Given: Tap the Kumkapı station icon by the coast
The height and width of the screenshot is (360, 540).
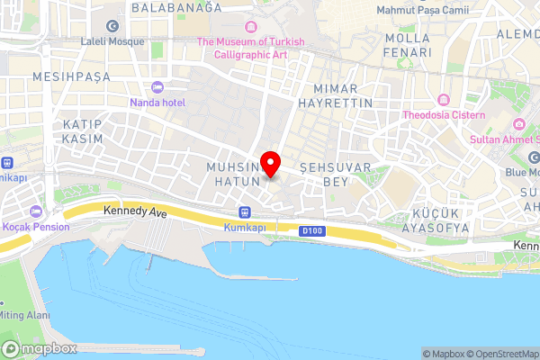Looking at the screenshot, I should [244, 211].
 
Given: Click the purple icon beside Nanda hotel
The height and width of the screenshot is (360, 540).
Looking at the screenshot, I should [157, 87].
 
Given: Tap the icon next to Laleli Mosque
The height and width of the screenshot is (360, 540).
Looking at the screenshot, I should [112, 25].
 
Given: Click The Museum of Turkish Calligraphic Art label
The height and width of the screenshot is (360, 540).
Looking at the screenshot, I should [251, 47].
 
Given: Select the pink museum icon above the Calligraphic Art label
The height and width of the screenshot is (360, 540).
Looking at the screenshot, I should [251, 25].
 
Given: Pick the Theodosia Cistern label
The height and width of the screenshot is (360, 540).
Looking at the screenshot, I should [444, 115].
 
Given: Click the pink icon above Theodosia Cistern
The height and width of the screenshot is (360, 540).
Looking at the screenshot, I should [444, 99].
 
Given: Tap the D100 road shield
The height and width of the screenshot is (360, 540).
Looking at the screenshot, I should [311, 230].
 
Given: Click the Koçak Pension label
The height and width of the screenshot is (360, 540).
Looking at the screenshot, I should [35, 227].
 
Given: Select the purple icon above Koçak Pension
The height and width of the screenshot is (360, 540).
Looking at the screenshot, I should [35, 211].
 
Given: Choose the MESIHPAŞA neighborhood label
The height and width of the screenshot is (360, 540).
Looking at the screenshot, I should [71, 77].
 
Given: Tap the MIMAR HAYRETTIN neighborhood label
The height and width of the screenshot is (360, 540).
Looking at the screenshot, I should [342, 96].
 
